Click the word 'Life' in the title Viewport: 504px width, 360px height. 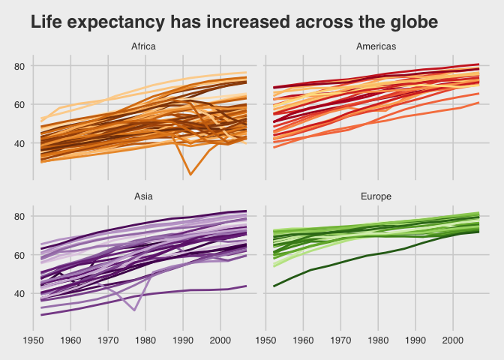[x=47, y=23]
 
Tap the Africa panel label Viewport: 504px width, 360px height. [x=144, y=46]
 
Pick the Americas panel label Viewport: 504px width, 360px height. [x=376, y=46]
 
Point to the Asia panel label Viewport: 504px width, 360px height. [x=144, y=196]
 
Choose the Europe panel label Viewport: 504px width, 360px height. [x=376, y=196]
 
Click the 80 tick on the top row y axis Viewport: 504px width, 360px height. [x=20, y=66]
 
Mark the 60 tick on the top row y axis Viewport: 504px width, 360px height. [x=20, y=105]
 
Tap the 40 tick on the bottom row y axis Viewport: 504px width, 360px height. [x=20, y=294]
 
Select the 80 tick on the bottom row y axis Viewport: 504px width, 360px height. [x=20, y=217]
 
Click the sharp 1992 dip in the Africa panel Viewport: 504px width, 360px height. [x=190, y=174]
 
